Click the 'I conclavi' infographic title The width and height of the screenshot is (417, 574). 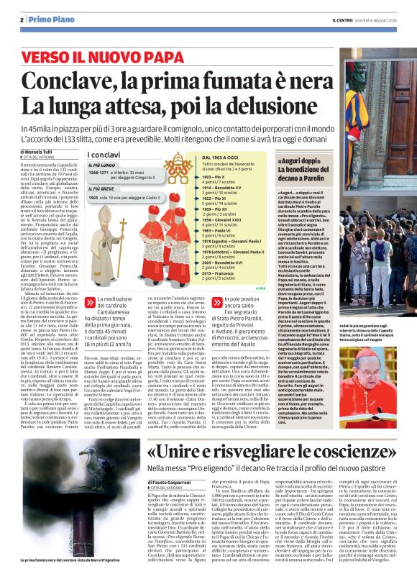point(104,155)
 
